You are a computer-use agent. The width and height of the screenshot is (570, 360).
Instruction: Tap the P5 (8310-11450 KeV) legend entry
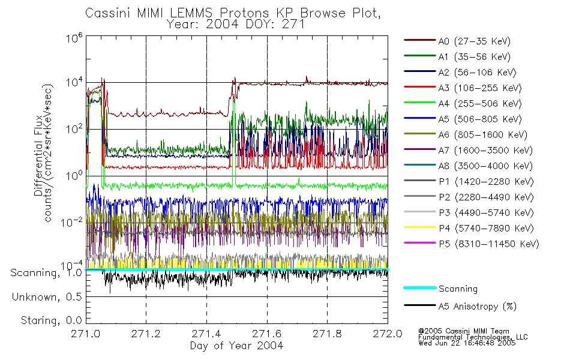[488, 244]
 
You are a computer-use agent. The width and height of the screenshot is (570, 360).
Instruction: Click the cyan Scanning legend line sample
[418, 289]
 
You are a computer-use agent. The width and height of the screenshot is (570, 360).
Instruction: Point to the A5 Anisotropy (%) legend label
[477, 307]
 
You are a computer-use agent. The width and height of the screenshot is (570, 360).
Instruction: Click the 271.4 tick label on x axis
[206, 335]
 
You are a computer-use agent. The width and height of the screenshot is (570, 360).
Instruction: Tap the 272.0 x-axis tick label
[388, 335]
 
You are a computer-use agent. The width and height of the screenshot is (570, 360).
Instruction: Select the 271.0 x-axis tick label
[86, 335]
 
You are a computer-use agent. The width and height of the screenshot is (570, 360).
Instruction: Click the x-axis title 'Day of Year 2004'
[236, 346]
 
